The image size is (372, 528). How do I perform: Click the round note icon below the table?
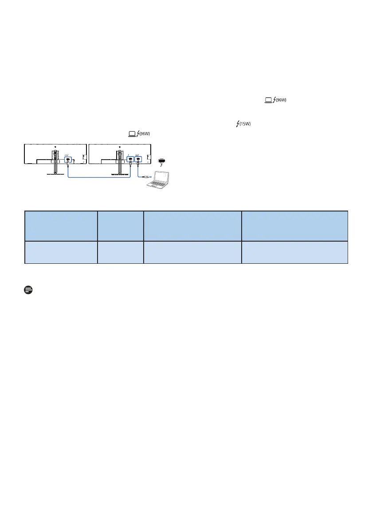tap(28, 290)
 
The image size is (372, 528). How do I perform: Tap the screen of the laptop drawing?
tap(161, 177)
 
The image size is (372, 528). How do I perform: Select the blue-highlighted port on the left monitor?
tap(68, 160)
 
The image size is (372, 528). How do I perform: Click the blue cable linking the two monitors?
tap(99, 177)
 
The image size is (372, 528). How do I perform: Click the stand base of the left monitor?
tap(55, 174)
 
